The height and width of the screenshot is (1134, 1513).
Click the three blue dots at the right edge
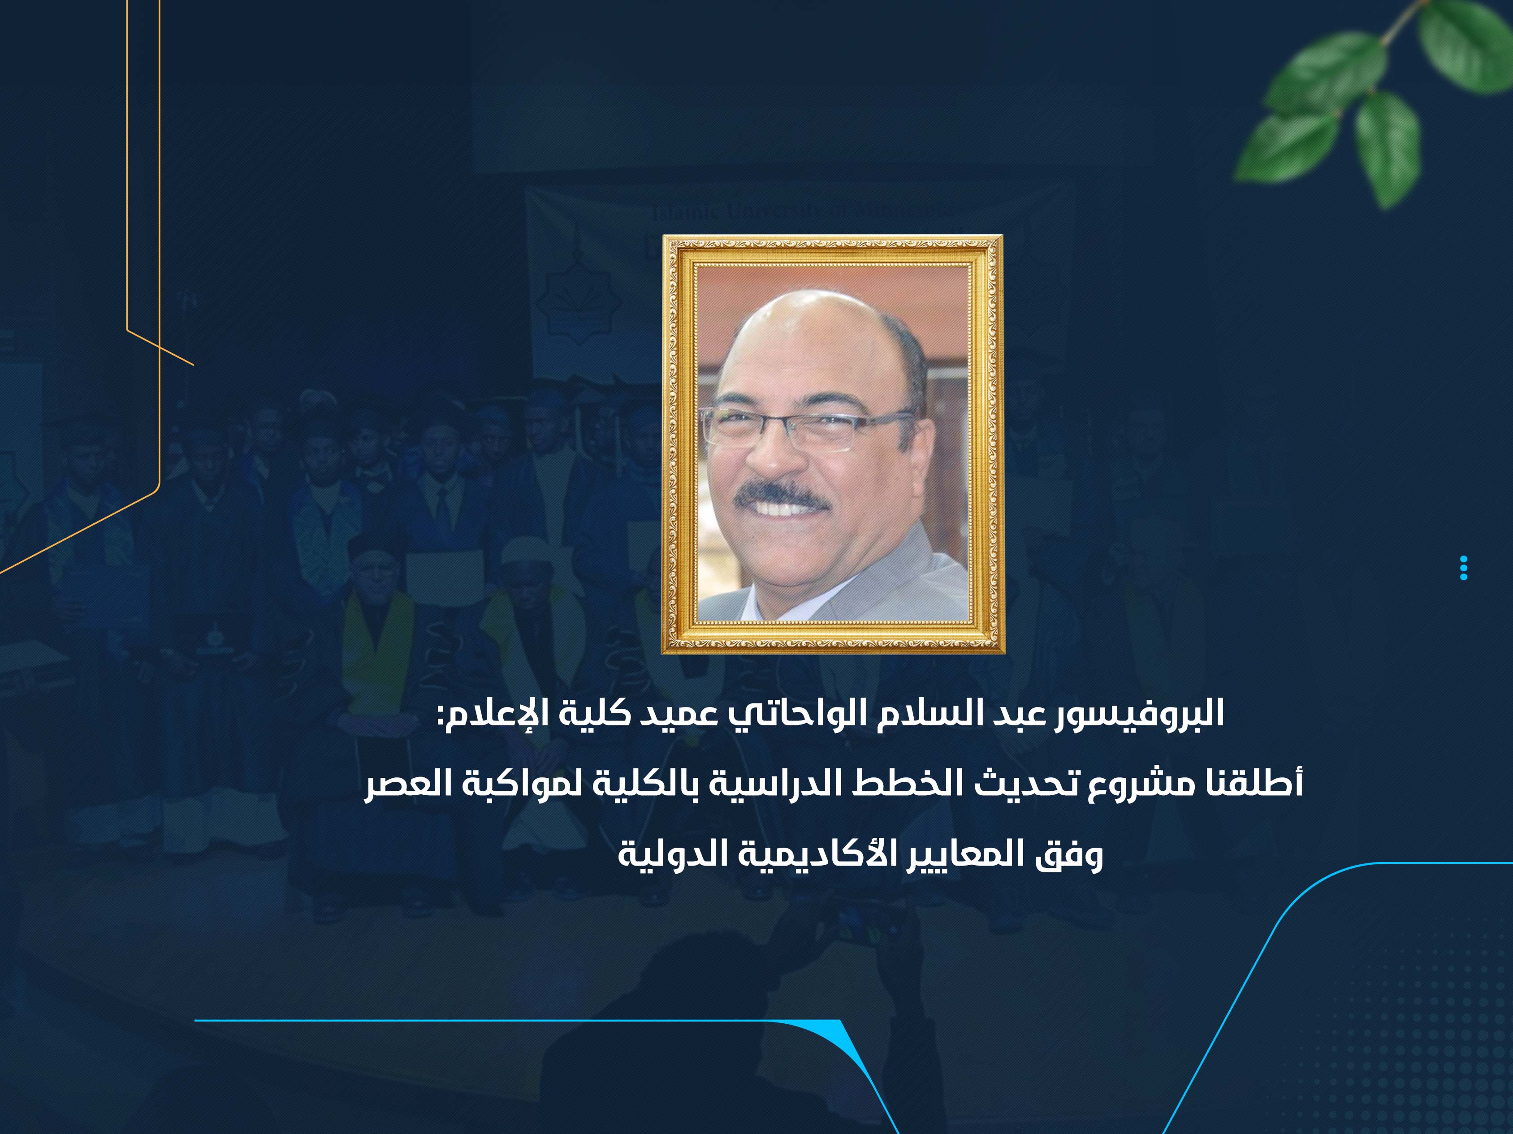pyautogui.click(x=1463, y=569)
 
